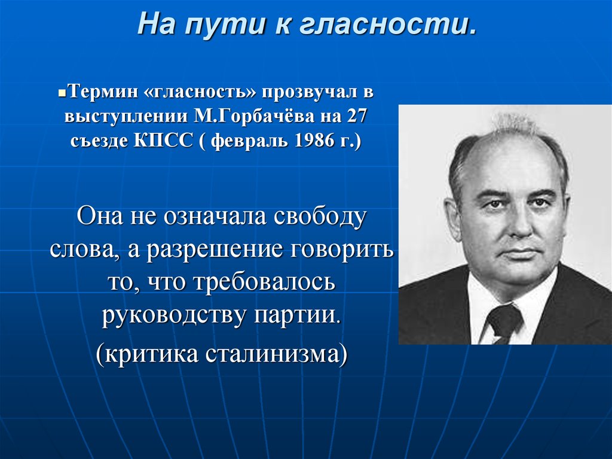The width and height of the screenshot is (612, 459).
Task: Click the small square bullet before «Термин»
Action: coord(62,95)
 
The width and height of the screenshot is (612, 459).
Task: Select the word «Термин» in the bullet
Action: coord(103,92)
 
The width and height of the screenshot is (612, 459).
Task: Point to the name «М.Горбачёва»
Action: coord(253,116)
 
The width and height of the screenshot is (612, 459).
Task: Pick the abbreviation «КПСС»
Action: coord(164,141)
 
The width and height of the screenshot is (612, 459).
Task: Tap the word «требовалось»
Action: coord(264,281)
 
